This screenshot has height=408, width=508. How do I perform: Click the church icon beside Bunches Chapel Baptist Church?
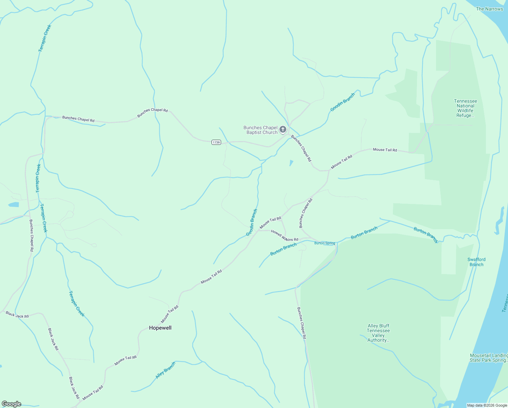(x=283, y=130)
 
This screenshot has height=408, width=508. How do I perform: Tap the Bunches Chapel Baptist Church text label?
(x=260, y=130)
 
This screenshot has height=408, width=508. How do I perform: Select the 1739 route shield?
(x=216, y=142)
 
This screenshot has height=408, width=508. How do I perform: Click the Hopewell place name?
(x=160, y=328)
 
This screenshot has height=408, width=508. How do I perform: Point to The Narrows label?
(x=489, y=9)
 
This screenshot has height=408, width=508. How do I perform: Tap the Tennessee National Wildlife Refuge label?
(x=465, y=108)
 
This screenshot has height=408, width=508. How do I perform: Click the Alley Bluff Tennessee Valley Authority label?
(x=378, y=333)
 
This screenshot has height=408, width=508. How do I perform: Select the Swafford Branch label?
(x=476, y=262)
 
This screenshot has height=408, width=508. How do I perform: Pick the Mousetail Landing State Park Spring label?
(x=489, y=358)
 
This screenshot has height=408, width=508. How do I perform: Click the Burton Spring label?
(x=325, y=243)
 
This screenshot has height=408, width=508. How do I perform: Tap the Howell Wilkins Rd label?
(x=285, y=235)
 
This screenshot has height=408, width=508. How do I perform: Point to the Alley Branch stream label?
(x=165, y=370)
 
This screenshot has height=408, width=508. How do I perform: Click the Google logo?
(x=12, y=404)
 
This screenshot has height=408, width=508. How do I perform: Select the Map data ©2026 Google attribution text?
(x=487, y=405)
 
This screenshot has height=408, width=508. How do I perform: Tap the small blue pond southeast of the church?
(x=291, y=163)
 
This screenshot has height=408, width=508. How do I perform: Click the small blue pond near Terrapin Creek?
(x=14, y=205)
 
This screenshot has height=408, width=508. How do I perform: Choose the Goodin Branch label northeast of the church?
(x=342, y=102)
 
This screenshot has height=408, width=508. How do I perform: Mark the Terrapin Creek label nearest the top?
(x=45, y=38)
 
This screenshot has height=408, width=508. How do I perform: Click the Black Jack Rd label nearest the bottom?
(x=74, y=388)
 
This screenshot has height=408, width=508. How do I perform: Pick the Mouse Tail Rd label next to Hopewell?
(x=170, y=314)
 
